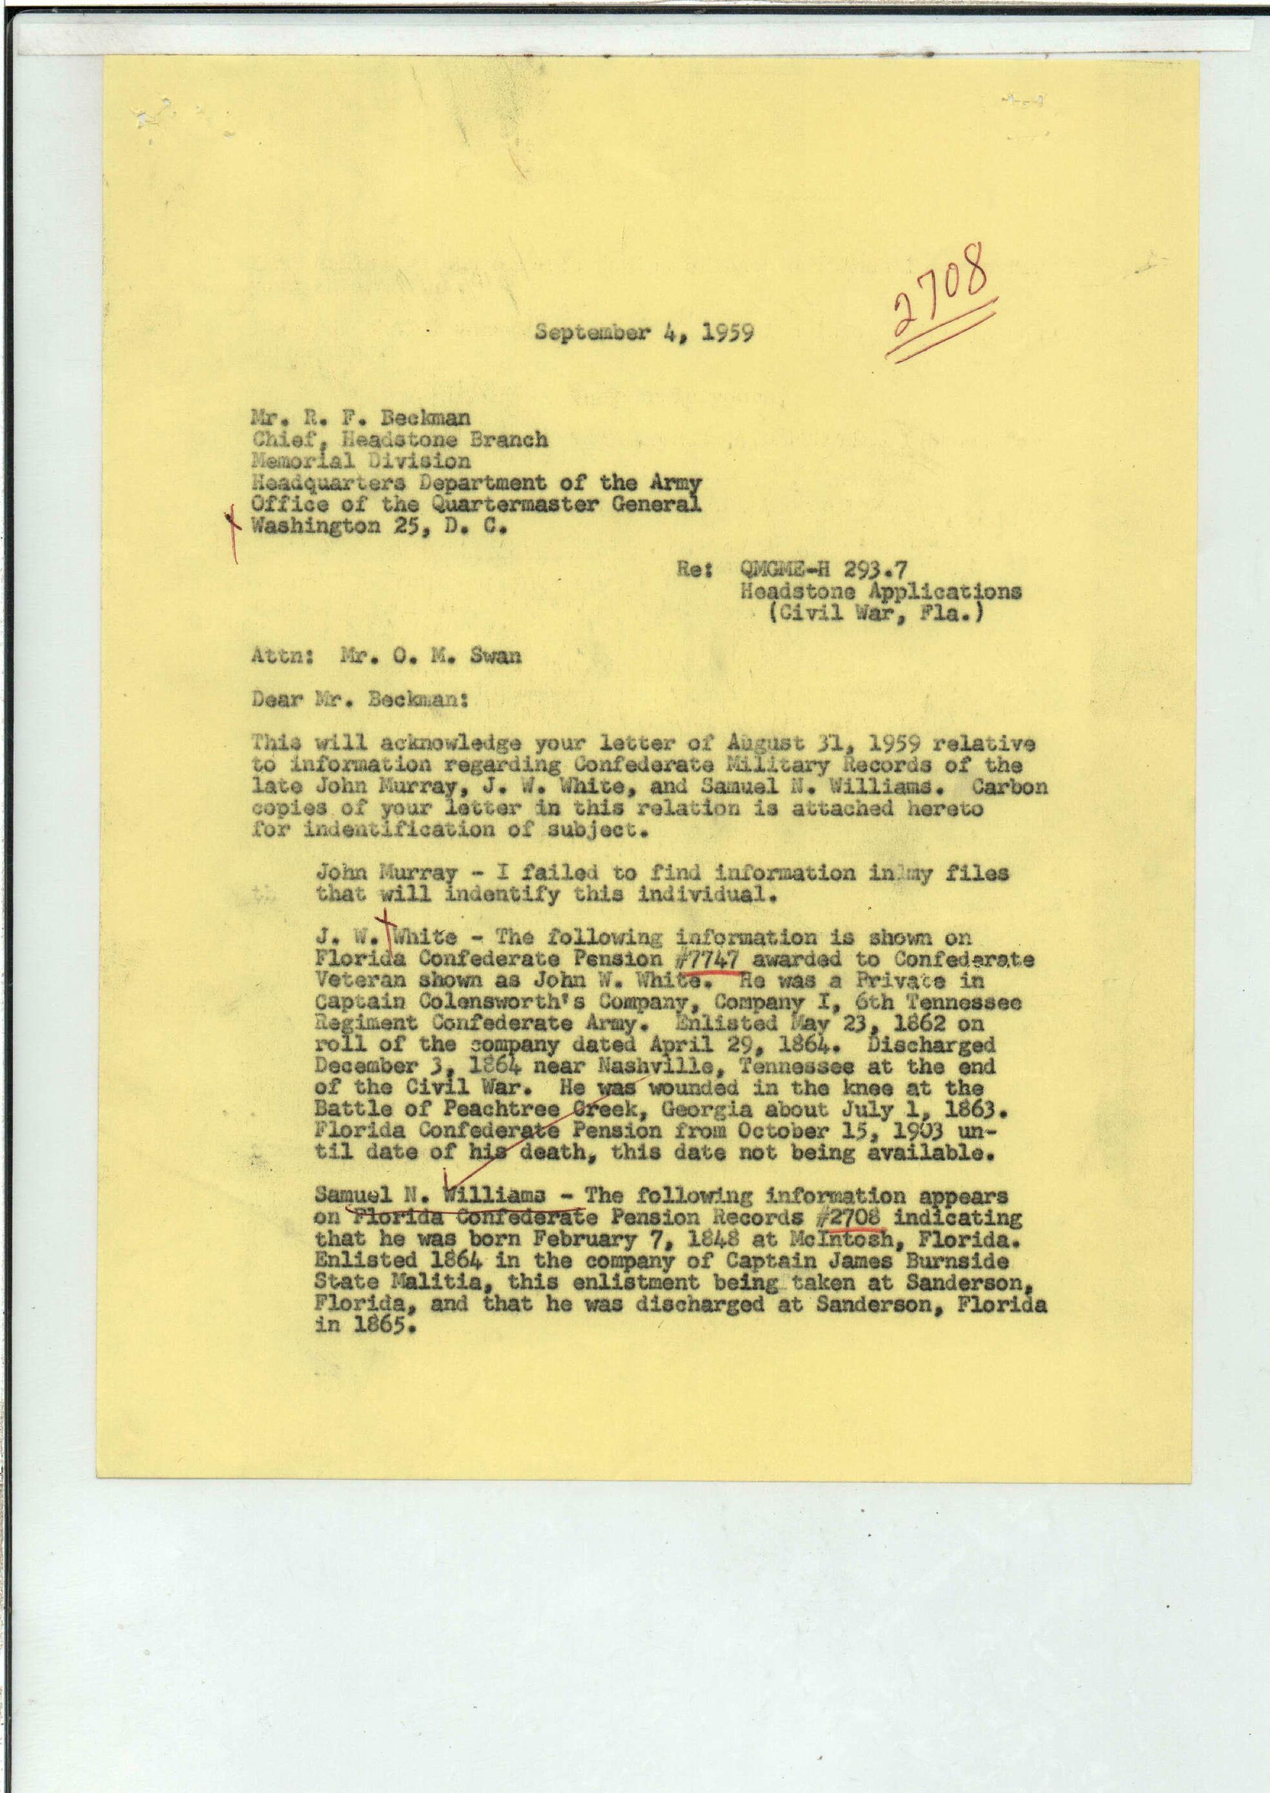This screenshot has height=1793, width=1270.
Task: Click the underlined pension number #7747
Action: coord(707,958)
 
